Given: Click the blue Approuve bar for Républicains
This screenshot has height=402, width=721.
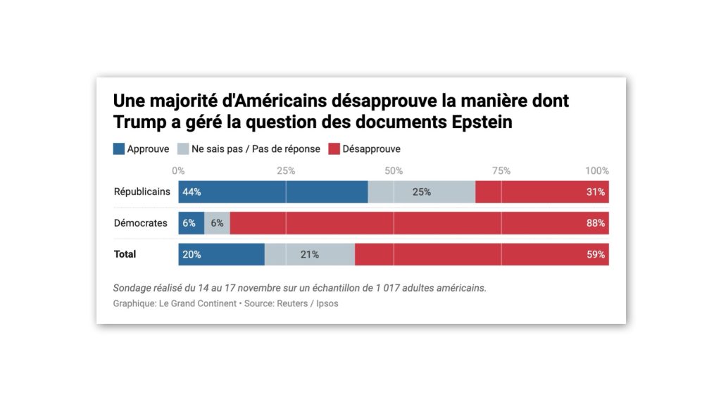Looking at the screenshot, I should coord(272,192).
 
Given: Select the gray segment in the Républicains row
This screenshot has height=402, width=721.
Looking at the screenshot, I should coord(421,192).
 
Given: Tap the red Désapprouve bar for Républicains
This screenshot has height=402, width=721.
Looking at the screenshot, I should coord(541,192).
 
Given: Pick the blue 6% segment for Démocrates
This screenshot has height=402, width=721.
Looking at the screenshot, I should coord(191,223).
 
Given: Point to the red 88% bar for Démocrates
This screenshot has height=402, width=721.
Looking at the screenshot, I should coord(419,223).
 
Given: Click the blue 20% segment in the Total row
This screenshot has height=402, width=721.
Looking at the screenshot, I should coord(221,254).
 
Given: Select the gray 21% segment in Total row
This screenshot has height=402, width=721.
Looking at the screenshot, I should coord(310,254).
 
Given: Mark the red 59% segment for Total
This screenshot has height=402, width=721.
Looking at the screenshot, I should coord(482,254).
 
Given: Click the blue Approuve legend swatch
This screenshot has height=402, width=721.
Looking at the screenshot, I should coord(118,149).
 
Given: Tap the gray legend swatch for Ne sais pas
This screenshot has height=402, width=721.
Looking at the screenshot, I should coord(182,149).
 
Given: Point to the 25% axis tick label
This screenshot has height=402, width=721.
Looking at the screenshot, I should coord(286,171).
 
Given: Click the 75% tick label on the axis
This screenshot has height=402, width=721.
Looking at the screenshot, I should coord(501,171).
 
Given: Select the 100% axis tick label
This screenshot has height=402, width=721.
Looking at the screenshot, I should coord(598,171).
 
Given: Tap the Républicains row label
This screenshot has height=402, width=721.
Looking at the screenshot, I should coord(142,191).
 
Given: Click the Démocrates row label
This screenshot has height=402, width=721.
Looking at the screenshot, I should coord(141,223).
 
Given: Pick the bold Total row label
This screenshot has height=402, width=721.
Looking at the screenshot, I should coord(125,254).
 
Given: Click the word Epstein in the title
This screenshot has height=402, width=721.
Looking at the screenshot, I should coord(482,122).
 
